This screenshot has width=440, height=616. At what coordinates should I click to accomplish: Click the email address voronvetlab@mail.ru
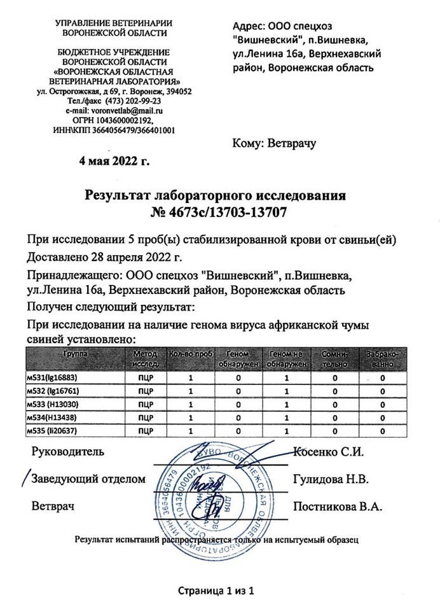click(x=123, y=110)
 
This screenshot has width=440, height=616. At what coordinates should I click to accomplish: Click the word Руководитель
click(x=67, y=452)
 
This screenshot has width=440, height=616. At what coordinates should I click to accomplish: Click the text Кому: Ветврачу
click(x=275, y=144)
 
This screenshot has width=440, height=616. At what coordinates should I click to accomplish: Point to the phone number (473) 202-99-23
click(x=125, y=101)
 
